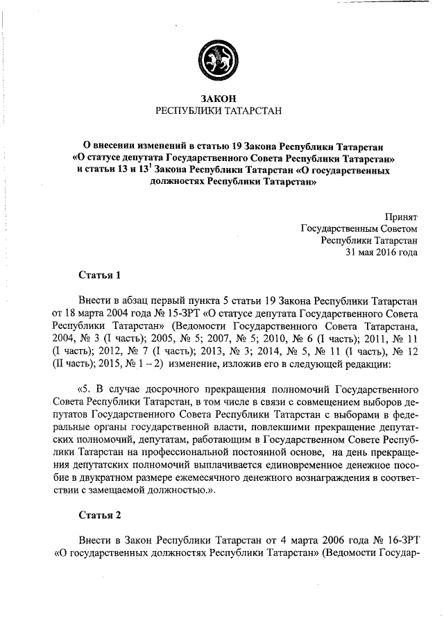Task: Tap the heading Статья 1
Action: [100, 275]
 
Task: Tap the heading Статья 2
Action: [100, 515]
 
